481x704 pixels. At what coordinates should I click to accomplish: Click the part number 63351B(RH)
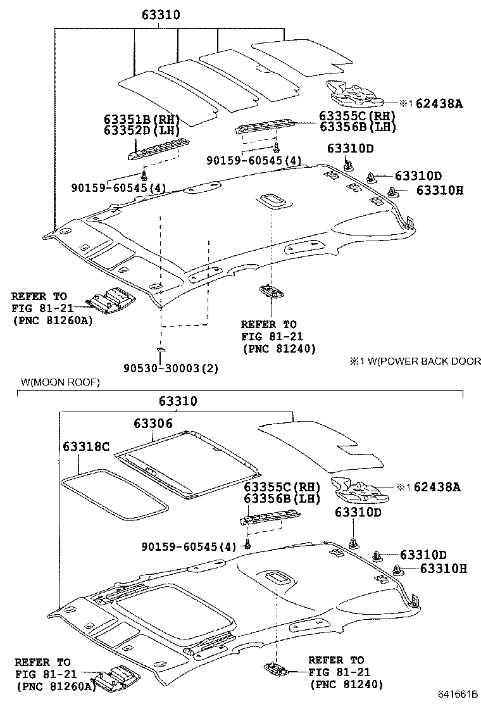click(142, 120)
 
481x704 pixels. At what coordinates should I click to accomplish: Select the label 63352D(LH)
click(142, 130)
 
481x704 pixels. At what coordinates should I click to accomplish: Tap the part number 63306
click(153, 423)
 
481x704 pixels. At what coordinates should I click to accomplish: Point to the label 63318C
click(85, 447)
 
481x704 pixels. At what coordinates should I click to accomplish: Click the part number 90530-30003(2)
click(171, 368)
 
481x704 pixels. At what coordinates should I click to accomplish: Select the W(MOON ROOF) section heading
click(60, 382)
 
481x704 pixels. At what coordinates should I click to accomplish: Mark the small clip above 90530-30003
click(161, 349)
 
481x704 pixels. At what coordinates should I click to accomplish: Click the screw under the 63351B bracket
click(145, 173)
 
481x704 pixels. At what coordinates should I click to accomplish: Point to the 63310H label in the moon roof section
click(443, 569)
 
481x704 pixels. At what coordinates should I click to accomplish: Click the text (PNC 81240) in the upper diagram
click(279, 348)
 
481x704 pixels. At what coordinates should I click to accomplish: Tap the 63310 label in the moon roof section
click(178, 401)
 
